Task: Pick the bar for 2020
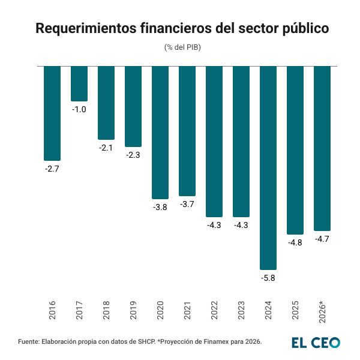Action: [x=160, y=132]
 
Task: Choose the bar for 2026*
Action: [x=322, y=148]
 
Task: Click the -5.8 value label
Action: [x=268, y=278]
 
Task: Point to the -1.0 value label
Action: [x=79, y=109]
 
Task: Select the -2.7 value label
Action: [x=52, y=169]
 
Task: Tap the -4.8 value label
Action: [x=295, y=242]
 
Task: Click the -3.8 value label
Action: [x=160, y=207]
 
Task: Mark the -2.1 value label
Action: [x=106, y=148]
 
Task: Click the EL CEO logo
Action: [x=316, y=343]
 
